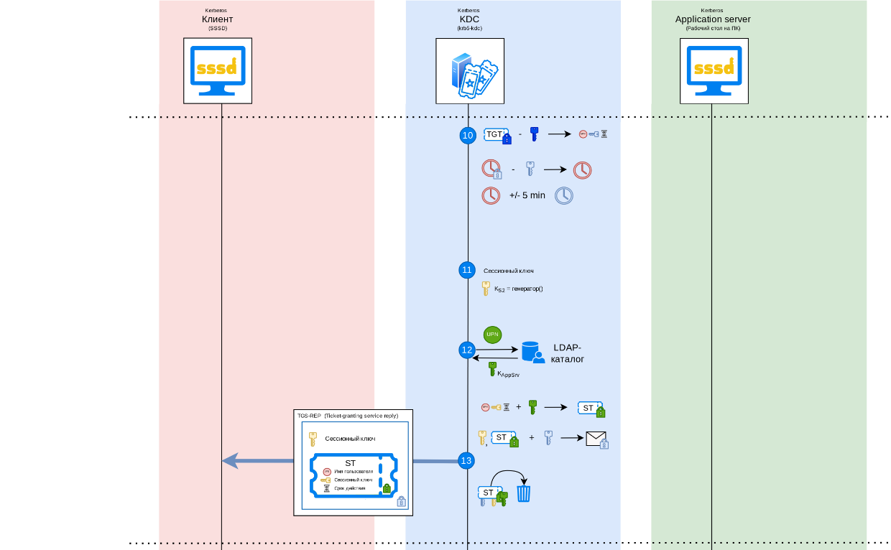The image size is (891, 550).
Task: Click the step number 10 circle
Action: point(468,135)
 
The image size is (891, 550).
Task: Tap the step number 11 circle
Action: point(467,270)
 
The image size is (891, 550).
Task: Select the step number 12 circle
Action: point(467,350)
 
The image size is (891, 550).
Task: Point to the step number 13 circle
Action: point(466,460)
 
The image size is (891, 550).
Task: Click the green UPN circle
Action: point(492,334)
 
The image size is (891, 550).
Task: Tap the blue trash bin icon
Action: point(524,493)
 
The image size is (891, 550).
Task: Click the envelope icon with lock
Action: point(596,439)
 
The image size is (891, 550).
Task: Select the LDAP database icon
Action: point(532,351)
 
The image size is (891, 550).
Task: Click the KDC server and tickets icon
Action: point(470,71)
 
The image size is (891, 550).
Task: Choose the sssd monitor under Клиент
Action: point(218,70)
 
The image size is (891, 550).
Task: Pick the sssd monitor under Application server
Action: point(714,70)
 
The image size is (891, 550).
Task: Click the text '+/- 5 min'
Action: point(527,195)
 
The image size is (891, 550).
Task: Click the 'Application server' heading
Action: point(713,19)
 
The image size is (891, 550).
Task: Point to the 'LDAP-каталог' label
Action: point(567,353)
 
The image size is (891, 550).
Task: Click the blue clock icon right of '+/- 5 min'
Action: point(564,195)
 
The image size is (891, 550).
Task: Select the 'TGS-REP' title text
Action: point(309,416)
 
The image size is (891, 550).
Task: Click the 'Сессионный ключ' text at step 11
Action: point(508,271)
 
